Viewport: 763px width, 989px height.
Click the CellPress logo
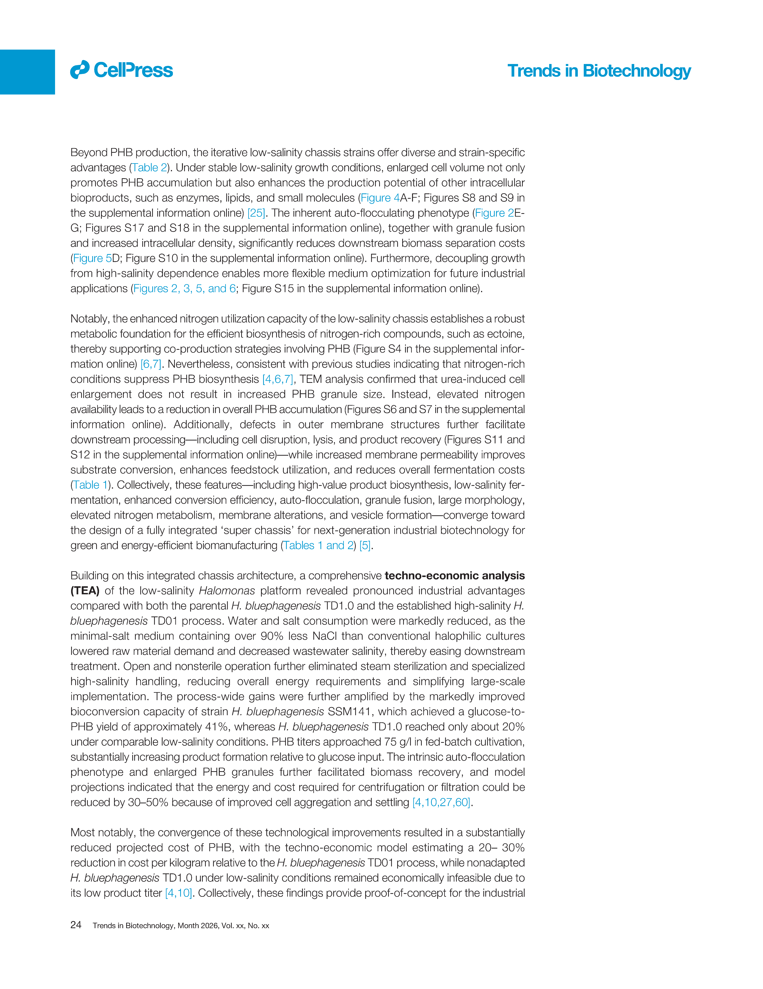click(121, 70)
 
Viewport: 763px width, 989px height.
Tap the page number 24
click(76, 925)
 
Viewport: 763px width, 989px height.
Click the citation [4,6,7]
click(278, 379)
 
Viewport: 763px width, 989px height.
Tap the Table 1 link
click(91, 485)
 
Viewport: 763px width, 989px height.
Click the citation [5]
click(365, 545)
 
